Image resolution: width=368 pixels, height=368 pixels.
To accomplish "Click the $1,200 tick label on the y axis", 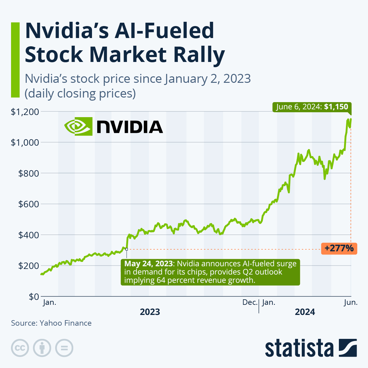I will [x=25, y=112].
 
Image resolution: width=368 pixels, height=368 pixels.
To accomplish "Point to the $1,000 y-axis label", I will [x=25, y=143].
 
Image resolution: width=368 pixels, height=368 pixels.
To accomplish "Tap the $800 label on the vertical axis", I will [x=29, y=174].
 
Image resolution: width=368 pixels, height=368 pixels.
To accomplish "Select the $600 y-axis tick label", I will [x=29, y=204].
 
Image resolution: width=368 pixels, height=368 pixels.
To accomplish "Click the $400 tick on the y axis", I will [x=29, y=235].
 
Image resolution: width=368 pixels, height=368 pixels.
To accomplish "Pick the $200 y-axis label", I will [x=29, y=266].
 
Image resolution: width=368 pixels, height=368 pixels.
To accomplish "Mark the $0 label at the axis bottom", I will [x=34, y=297].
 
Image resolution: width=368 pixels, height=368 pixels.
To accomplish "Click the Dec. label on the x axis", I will [x=250, y=302].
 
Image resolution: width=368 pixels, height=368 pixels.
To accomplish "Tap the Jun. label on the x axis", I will [x=351, y=302].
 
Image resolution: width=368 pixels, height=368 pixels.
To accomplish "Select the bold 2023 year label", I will [x=150, y=312].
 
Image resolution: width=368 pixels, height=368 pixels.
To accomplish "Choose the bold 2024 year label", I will [x=305, y=312].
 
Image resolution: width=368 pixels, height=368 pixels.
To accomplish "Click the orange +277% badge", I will [x=339, y=248].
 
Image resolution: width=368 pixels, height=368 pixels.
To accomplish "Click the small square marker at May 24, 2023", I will [x=126, y=249].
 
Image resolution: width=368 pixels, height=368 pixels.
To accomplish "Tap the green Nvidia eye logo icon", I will [x=78, y=126].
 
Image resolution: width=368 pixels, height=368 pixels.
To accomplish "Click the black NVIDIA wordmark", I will [x=130, y=127].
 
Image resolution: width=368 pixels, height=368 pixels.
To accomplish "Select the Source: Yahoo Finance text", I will [x=51, y=323].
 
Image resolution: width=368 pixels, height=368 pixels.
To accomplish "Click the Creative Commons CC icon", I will [x=20, y=348].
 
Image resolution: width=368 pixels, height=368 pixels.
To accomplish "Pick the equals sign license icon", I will [x=64, y=348].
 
